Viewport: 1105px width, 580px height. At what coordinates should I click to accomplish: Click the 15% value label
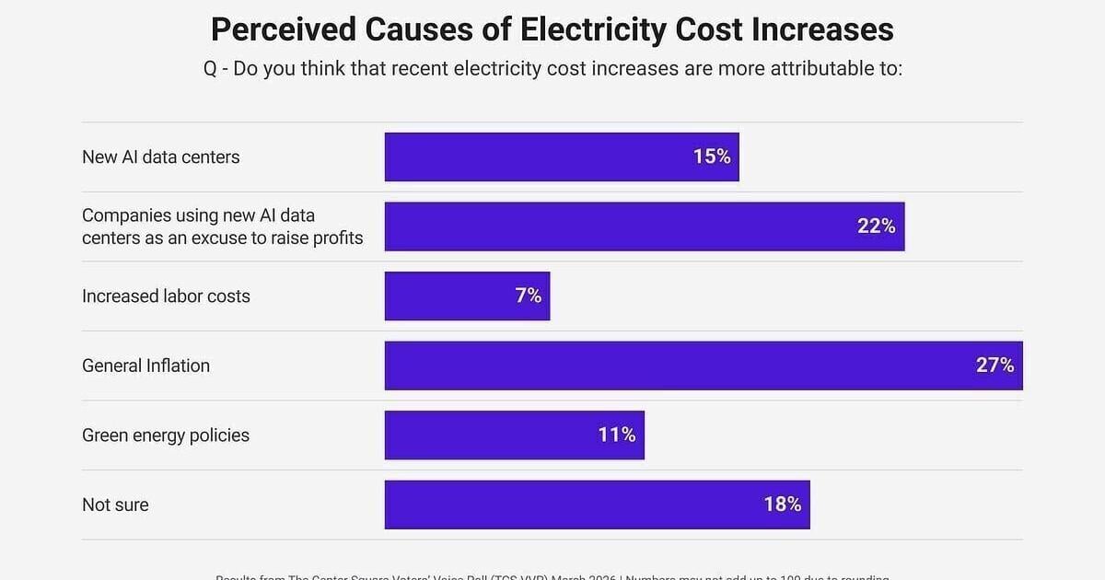click(x=712, y=157)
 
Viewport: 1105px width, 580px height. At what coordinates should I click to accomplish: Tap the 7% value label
click(x=529, y=296)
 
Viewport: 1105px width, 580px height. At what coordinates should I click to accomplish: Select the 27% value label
click(x=994, y=365)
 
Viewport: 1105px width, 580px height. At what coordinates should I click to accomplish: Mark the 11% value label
click(x=617, y=435)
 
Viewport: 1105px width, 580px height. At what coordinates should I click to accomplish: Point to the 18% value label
click(x=782, y=505)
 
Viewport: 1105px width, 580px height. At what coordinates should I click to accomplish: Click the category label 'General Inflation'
click(x=145, y=365)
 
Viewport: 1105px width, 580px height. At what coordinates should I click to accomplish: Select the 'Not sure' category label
click(x=115, y=505)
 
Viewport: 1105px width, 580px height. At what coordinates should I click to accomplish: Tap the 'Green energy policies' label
click(x=166, y=435)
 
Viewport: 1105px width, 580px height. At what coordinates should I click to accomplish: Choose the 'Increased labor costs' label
click(x=166, y=296)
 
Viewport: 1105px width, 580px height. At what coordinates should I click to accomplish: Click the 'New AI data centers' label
click(x=160, y=157)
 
